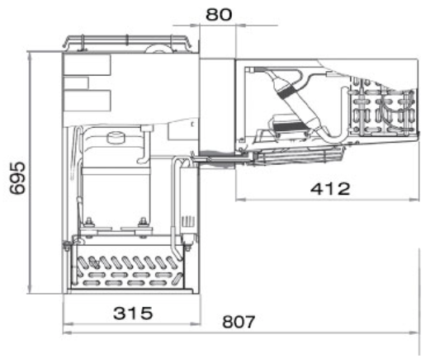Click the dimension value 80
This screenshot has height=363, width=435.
pyautogui.click(x=219, y=15)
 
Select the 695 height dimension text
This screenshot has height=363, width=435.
pyautogui.click(x=17, y=178)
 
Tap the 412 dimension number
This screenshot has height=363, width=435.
pyautogui.click(x=330, y=189)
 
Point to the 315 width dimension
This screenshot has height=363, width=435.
pyautogui.click(x=133, y=313)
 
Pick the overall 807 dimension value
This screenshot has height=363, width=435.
pyautogui.click(x=239, y=322)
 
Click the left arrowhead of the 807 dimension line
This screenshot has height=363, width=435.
pyautogui.click(x=68, y=332)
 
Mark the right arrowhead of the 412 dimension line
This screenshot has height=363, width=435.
pyautogui.click(x=414, y=199)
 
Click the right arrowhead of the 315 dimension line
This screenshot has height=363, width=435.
pyautogui.click(x=196, y=323)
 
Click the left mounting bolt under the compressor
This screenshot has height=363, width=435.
pyautogui.click(x=89, y=222)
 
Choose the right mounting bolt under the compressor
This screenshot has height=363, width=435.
pyautogui.click(x=143, y=222)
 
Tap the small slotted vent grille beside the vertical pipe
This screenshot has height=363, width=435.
pyautogui.click(x=189, y=222)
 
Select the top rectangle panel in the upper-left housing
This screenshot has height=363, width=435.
pyautogui.click(x=87, y=64)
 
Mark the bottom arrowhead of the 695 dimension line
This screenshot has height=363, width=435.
pyautogui.click(x=30, y=289)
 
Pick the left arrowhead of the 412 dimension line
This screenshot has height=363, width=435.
pyautogui.click(x=240, y=199)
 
